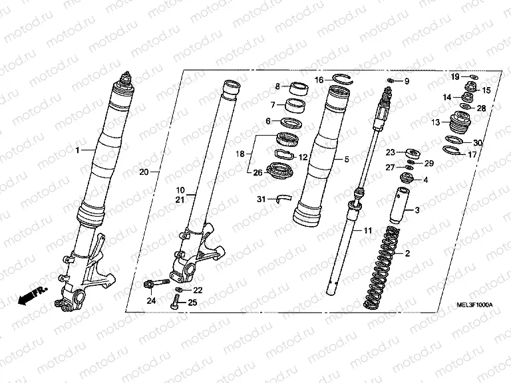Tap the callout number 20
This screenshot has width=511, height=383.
(144, 172)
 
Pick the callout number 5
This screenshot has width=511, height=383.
(347, 160)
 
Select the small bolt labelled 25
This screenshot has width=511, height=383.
(174, 304)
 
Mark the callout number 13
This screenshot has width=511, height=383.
(435, 122)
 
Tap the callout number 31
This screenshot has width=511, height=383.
(261, 199)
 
